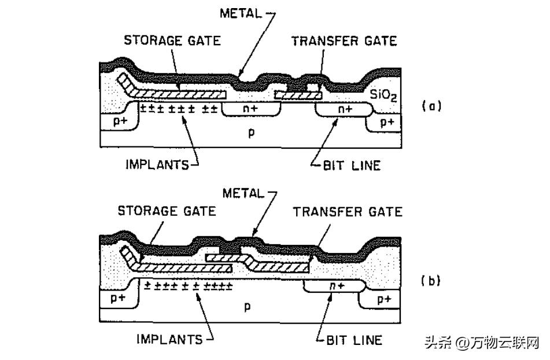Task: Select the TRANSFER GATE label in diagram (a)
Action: (x=344, y=41)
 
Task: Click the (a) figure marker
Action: (x=431, y=106)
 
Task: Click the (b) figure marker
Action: (x=431, y=281)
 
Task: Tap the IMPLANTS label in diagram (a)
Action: (x=157, y=164)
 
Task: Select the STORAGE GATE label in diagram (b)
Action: (x=167, y=211)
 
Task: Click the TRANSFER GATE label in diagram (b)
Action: (x=347, y=211)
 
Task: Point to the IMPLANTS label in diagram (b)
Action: (x=169, y=339)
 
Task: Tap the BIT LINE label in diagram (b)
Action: (x=354, y=340)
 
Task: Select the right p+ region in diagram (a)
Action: (x=386, y=122)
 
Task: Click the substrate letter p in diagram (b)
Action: (x=247, y=306)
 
